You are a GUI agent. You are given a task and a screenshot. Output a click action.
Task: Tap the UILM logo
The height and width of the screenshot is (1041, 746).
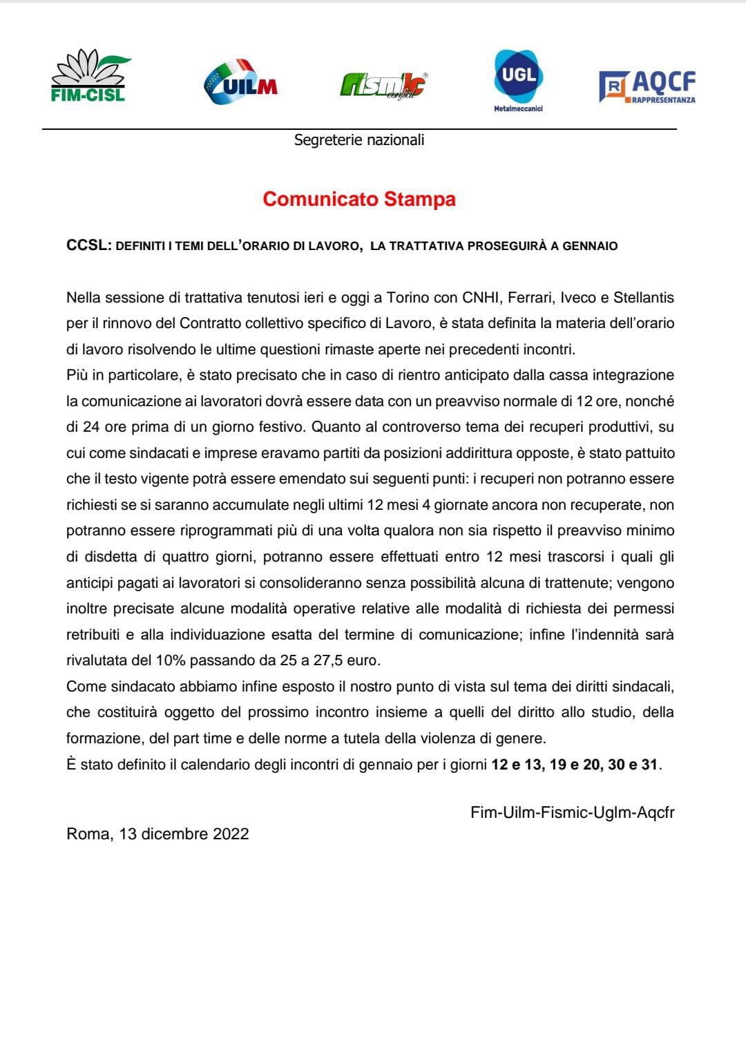tap(241, 82)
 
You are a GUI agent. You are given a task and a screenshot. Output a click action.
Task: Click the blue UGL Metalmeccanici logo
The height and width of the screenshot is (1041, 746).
tap(518, 80)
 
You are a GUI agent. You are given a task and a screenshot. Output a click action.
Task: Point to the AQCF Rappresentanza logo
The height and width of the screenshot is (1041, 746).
tap(647, 86)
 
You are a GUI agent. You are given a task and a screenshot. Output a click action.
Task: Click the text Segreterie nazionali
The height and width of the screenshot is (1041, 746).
tap(359, 140)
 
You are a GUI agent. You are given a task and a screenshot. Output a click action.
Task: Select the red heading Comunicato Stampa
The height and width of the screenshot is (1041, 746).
tap(359, 200)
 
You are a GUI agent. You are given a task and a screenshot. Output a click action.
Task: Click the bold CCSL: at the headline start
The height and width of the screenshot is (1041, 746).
tap(88, 245)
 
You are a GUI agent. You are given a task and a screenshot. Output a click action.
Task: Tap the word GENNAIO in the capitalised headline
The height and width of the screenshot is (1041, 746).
tap(590, 246)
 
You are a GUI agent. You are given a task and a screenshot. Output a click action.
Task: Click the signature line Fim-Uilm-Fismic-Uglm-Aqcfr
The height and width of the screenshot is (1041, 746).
tap(572, 812)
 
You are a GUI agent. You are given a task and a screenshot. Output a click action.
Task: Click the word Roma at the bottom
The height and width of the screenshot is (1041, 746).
tap(88, 834)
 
